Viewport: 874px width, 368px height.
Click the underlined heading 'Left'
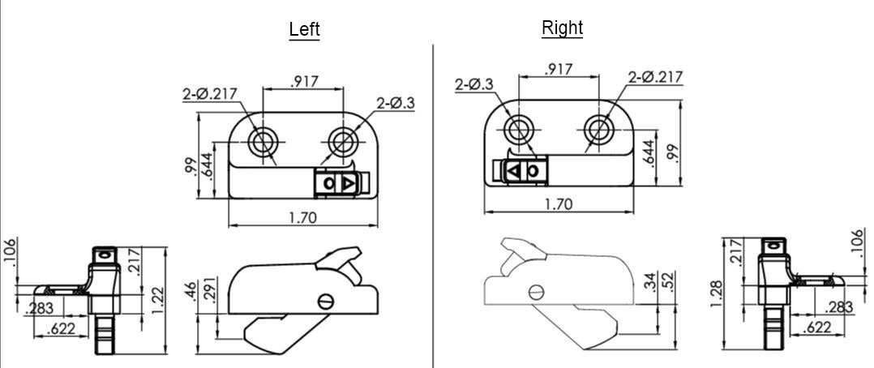coord(304,29)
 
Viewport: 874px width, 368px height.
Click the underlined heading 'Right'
coord(562,28)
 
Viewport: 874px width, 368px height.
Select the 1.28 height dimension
coord(716,293)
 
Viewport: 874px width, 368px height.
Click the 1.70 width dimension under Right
coord(558,204)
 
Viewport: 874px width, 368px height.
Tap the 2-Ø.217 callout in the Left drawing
coord(209,93)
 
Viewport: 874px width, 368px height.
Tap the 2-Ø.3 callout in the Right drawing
coord(474,83)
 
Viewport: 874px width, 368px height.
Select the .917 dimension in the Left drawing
coord(304,80)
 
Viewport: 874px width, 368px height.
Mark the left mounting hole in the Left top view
coord(263,141)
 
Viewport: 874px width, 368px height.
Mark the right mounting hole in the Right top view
coord(599,129)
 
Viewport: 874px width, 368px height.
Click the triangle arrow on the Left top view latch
coord(347,184)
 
